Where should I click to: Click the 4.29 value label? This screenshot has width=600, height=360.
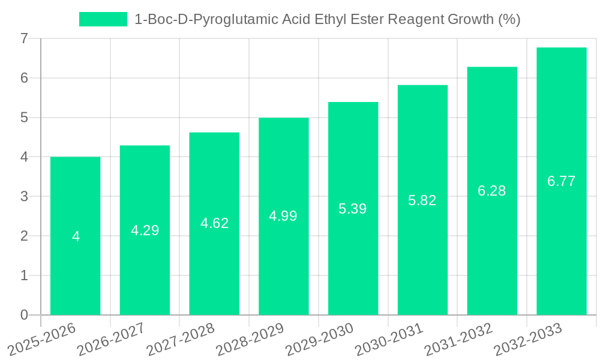pyautogui.click(x=145, y=230)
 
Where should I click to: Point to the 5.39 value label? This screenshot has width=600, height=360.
pyautogui.click(x=353, y=209)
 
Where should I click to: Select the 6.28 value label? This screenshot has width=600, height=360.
pyautogui.click(x=492, y=191)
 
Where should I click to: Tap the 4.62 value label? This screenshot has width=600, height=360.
pyautogui.click(x=214, y=223)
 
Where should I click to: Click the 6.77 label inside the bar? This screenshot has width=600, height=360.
pyautogui.click(x=561, y=181)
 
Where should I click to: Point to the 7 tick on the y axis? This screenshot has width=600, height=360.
pyautogui.click(x=24, y=38)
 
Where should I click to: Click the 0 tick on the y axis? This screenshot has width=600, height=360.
pyautogui.click(x=24, y=315)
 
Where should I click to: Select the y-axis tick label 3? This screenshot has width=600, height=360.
pyautogui.click(x=24, y=196)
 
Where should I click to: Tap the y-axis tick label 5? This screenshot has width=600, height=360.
pyautogui.click(x=24, y=118)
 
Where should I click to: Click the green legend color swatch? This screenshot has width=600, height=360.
pyautogui.click(x=103, y=19)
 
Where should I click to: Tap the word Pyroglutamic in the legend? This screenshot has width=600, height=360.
pyautogui.click(x=227, y=19)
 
